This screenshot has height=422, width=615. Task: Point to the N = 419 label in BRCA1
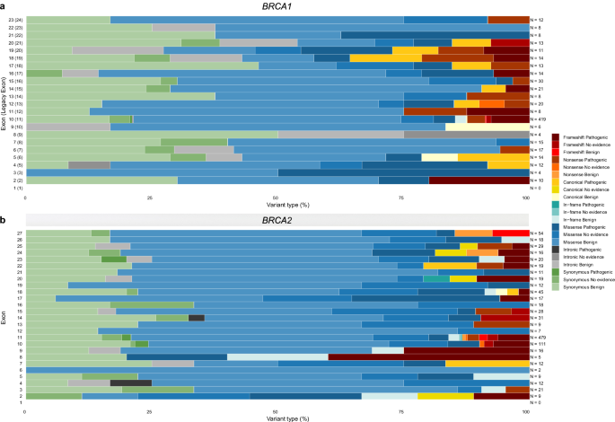pos(540,118)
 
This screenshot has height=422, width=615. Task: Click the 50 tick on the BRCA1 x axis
pos(276,197)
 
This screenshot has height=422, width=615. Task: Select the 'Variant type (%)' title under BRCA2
pos(276,418)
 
